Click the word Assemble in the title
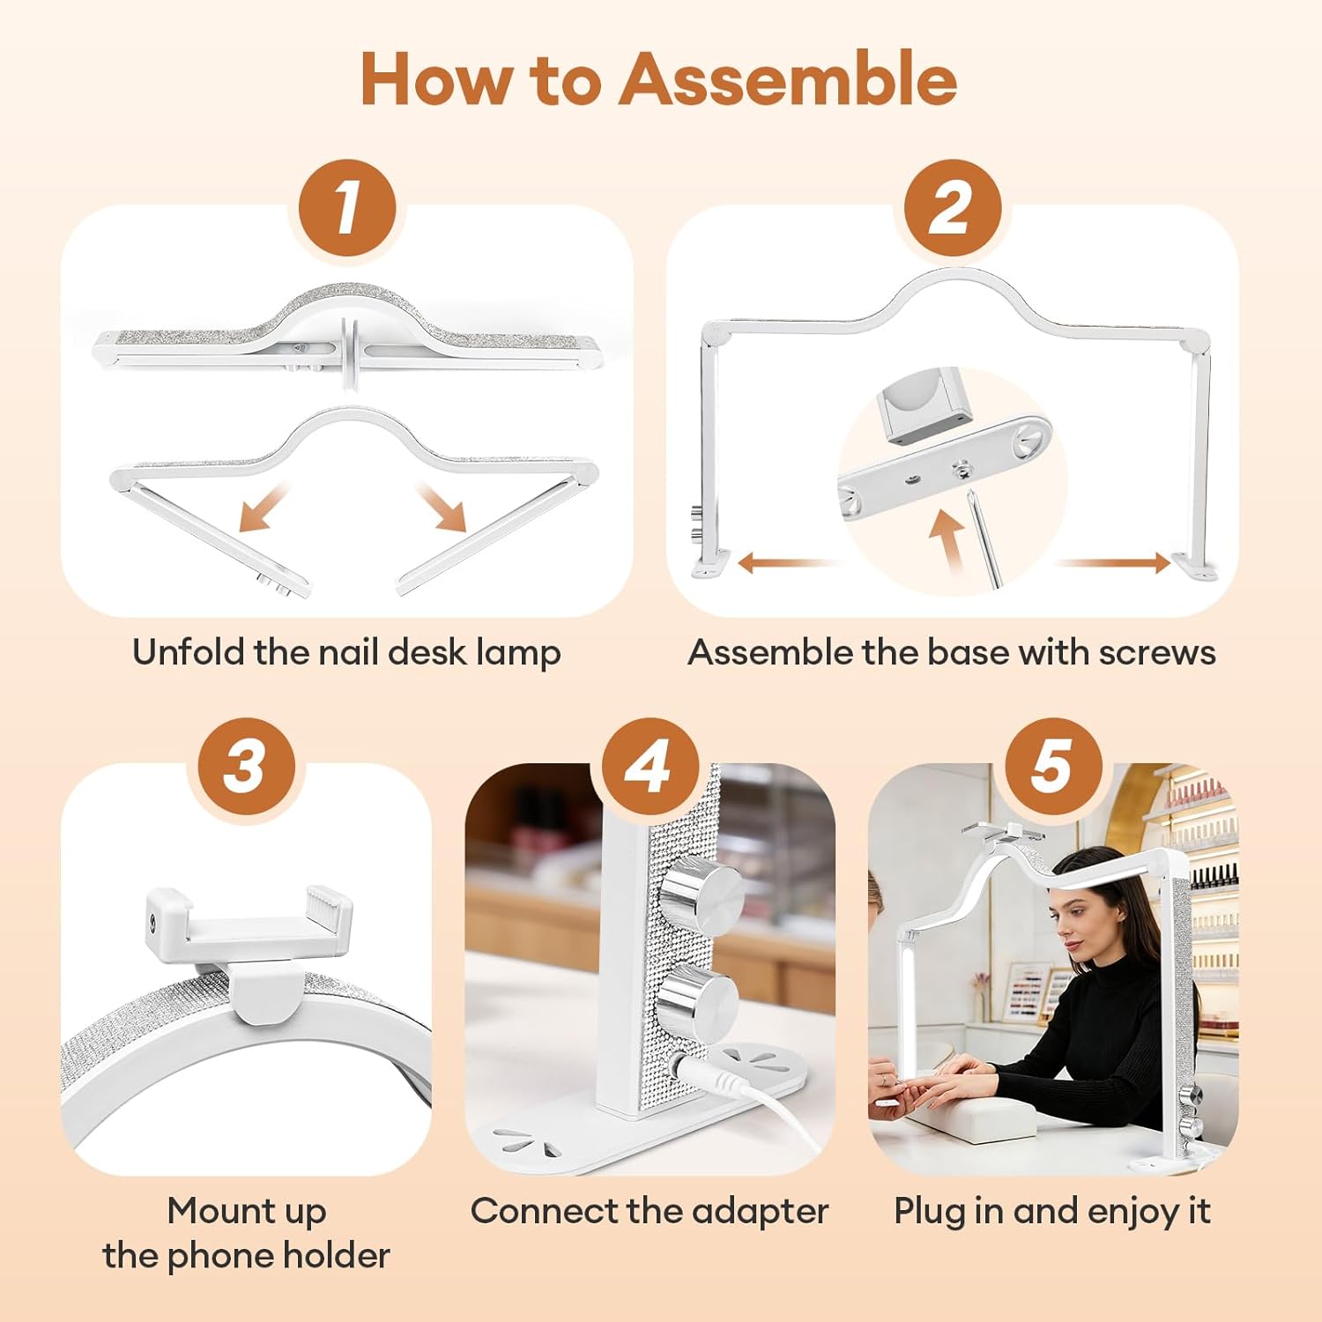tap(789, 79)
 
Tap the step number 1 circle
tap(346, 209)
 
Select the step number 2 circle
tap(953, 209)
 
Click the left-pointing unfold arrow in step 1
tap(263, 507)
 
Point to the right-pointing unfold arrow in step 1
tap(442, 507)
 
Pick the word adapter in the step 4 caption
tap(760, 1212)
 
